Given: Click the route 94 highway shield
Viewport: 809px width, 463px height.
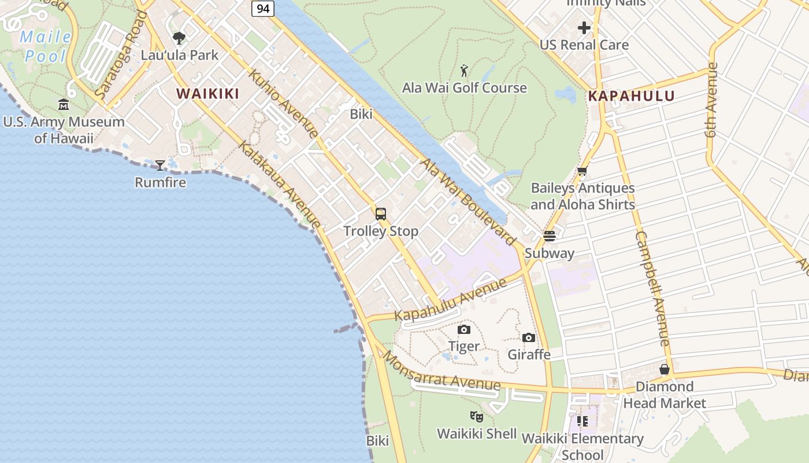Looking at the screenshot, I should tap(262, 8).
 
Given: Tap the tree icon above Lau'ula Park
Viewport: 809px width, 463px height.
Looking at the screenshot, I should tap(179, 38).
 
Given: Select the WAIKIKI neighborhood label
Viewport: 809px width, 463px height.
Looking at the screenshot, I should tap(207, 93).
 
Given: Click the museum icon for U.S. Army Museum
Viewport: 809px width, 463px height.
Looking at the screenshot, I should tap(64, 105).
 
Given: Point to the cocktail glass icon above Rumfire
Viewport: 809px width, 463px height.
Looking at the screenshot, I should tap(160, 166).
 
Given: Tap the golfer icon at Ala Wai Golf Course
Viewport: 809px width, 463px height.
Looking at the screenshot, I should tap(464, 71).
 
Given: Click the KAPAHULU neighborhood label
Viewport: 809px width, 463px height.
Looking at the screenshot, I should tap(631, 96).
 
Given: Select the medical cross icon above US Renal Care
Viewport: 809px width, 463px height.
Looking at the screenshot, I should tap(584, 28).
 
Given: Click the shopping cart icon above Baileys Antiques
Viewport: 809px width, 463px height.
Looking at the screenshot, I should tap(582, 171).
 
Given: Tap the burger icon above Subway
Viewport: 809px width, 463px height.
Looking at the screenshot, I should tap(549, 236).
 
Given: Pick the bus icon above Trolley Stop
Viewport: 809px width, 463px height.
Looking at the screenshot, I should tap(380, 214).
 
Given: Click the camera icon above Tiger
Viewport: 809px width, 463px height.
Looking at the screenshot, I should tap(463, 330).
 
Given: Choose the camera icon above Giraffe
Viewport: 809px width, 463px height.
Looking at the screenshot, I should tap(528, 338).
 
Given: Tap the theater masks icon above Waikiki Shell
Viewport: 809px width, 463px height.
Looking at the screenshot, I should tap(477, 416).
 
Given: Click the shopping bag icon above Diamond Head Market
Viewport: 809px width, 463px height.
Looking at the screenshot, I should tap(665, 369).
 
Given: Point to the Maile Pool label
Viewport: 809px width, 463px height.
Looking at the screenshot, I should tap(46, 47).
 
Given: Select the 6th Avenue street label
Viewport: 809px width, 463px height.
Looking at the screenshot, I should tap(711, 99).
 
